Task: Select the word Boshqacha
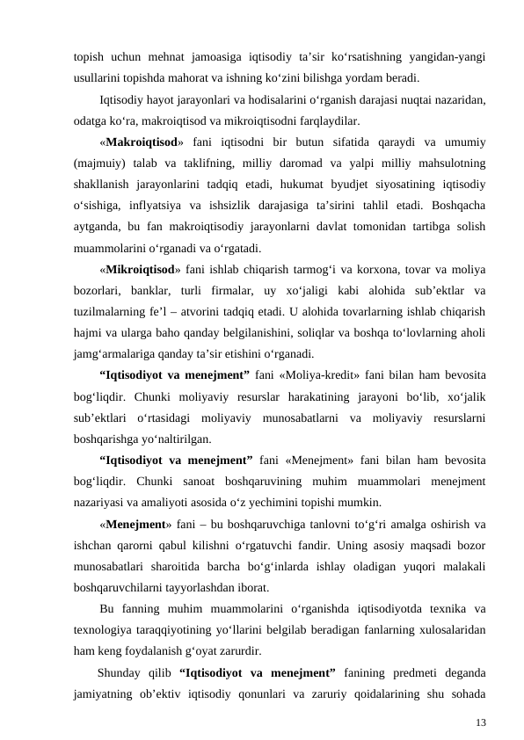click(x=455, y=207)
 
